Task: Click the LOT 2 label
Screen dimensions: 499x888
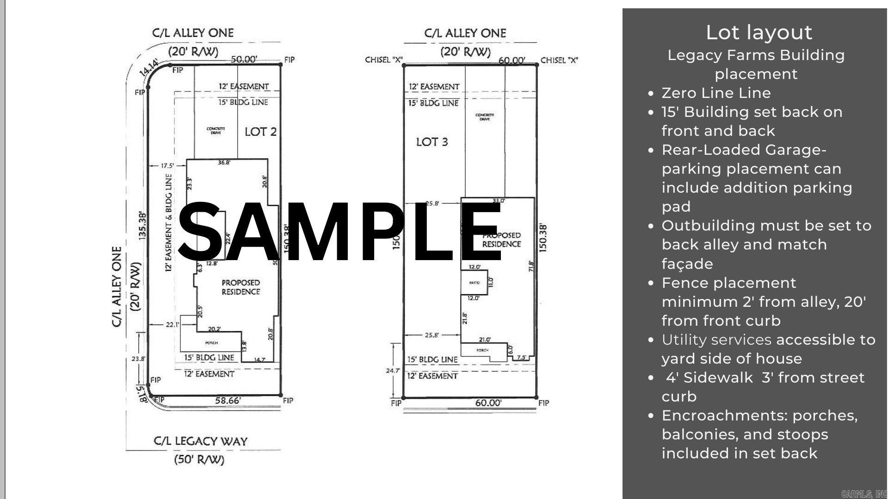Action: pyautogui.click(x=260, y=132)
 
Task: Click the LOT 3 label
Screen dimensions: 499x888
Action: pyautogui.click(x=432, y=142)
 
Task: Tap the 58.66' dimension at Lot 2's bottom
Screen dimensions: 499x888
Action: pyautogui.click(x=228, y=401)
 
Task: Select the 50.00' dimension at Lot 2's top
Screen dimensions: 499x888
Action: pyautogui.click(x=244, y=59)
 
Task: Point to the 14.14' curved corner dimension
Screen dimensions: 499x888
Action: pyautogui.click(x=149, y=68)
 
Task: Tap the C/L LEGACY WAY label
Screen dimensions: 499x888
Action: pyautogui.click(x=200, y=441)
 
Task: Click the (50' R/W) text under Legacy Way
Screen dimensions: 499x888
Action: pyautogui.click(x=199, y=460)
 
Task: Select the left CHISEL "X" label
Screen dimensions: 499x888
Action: pyautogui.click(x=383, y=60)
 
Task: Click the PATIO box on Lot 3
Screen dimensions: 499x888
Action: pyautogui.click(x=474, y=283)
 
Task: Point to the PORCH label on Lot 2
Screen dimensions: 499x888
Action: pyautogui.click(x=211, y=343)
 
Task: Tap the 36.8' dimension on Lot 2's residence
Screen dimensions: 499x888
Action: pyautogui.click(x=224, y=163)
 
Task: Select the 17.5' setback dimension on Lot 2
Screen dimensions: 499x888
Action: pyautogui.click(x=166, y=165)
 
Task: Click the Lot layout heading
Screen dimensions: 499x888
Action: pyautogui.click(x=758, y=32)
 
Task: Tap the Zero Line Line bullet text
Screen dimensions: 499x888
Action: pyautogui.click(x=716, y=93)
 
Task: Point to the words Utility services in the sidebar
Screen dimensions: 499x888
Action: pyautogui.click(x=716, y=340)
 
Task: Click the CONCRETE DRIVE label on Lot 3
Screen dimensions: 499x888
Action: pyautogui.click(x=485, y=117)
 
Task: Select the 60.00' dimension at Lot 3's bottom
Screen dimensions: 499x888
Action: pyautogui.click(x=488, y=403)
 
